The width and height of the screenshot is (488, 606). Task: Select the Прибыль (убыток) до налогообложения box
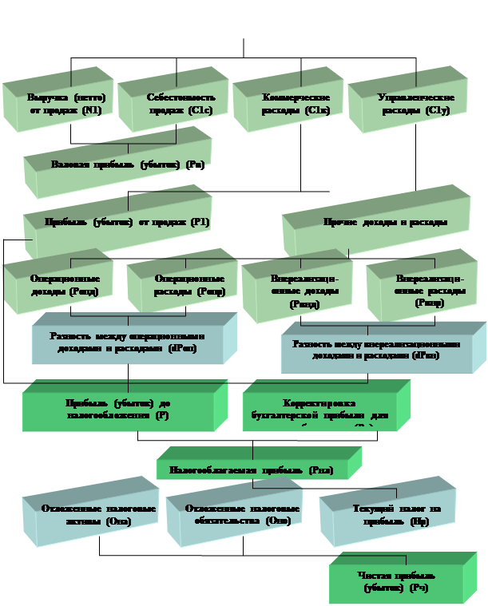pos(118,409)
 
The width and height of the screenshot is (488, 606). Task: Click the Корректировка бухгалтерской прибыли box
pos(325,409)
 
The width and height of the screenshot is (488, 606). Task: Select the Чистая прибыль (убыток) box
pos(396,581)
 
